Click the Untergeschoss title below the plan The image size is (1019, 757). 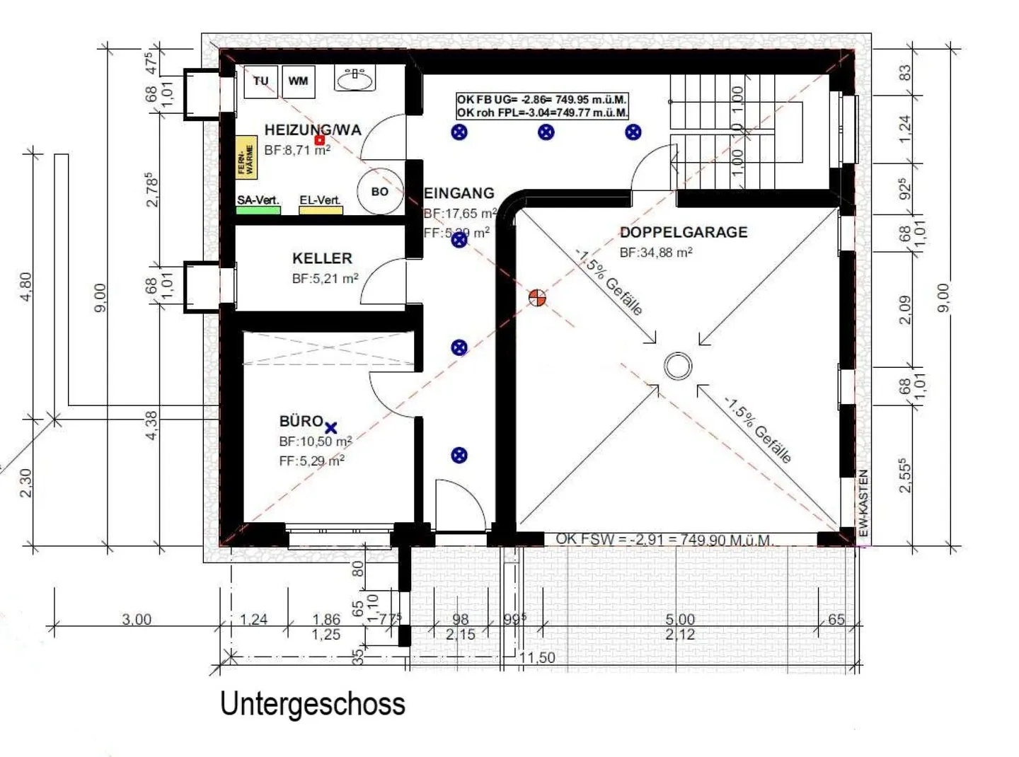point(312,704)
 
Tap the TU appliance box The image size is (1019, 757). point(261,81)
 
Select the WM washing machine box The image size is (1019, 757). point(298,81)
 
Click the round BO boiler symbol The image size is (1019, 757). point(380,191)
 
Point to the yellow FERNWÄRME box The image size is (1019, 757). point(246,158)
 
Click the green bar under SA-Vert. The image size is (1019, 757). point(258,210)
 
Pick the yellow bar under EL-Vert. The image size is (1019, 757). point(321,210)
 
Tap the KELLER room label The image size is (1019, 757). point(322,258)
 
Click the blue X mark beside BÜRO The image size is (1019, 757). point(330,427)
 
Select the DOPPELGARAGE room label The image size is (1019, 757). point(683,232)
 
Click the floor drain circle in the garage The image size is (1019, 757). point(678,366)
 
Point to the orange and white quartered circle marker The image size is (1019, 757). point(538,298)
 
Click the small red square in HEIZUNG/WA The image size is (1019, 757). point(320,140)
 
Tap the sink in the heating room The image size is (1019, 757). point(355,79)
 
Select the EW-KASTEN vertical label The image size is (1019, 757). point(863,503)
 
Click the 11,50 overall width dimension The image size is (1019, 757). point(537,657)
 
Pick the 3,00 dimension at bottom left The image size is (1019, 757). point(137,620)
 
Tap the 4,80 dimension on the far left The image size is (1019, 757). point(26,287)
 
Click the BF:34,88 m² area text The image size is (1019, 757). point(655,253)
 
